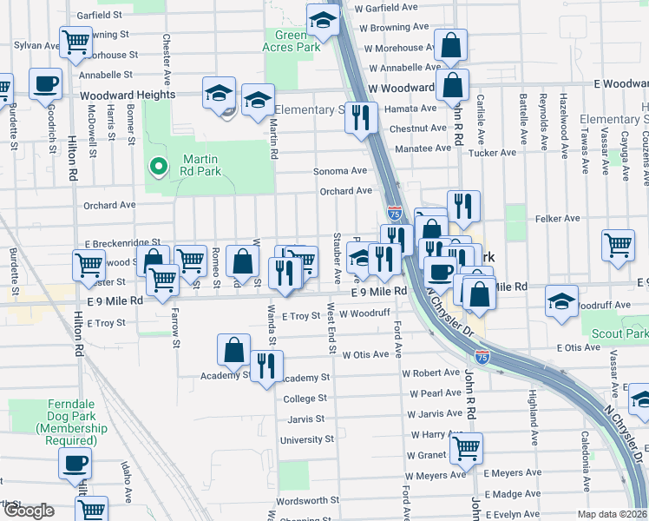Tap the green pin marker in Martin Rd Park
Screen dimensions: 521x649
[x=157, y=165]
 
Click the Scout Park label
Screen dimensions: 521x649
[x=620, y=333]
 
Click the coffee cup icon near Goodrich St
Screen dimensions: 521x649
[x=46, y=84]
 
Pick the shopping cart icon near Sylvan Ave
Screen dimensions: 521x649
[x=75, y=40]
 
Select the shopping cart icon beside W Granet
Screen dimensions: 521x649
[x=466, y=448]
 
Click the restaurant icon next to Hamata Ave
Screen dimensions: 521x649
[x=361, y=116]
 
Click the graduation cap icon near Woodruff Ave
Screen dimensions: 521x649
[x=561, y=301]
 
